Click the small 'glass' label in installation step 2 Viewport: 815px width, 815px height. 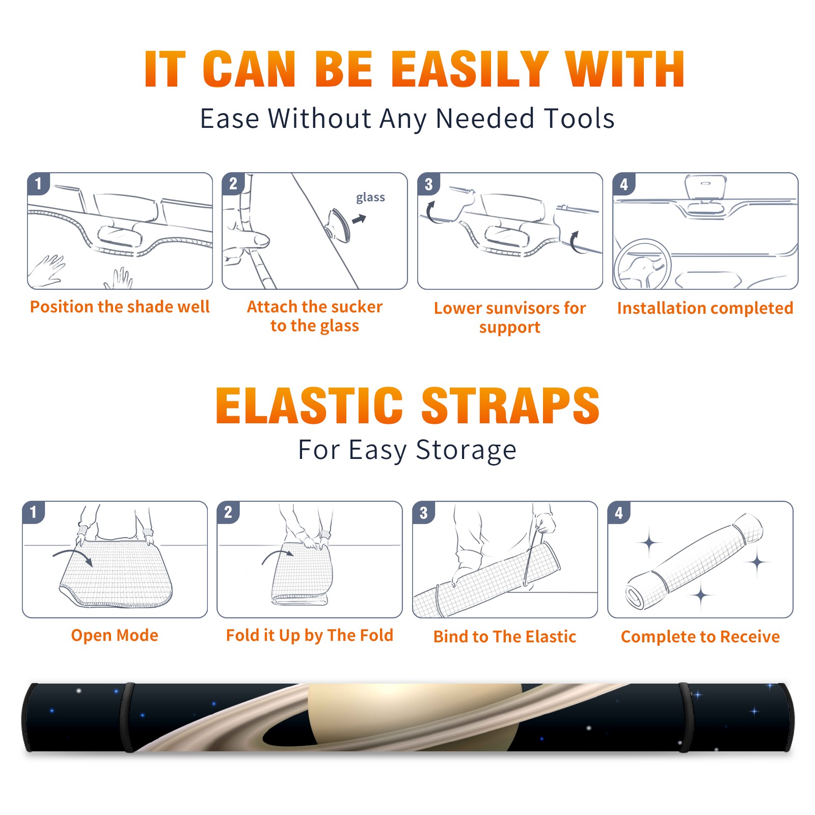370,197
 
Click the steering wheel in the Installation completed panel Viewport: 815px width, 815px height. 642,265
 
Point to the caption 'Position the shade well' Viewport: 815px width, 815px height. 120,307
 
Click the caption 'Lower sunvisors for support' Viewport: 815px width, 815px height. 510,317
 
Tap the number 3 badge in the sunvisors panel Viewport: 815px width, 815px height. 428,184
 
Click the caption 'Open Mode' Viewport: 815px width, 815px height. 115,635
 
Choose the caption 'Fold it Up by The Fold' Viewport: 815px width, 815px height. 310,635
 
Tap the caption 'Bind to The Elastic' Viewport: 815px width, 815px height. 505,636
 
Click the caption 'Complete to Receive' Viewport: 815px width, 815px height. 700,637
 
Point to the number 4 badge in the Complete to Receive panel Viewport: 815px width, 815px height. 618,512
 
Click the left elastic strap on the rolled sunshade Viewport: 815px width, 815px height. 127,717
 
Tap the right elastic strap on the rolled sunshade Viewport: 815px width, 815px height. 686,717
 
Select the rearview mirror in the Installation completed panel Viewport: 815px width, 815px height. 705,187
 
